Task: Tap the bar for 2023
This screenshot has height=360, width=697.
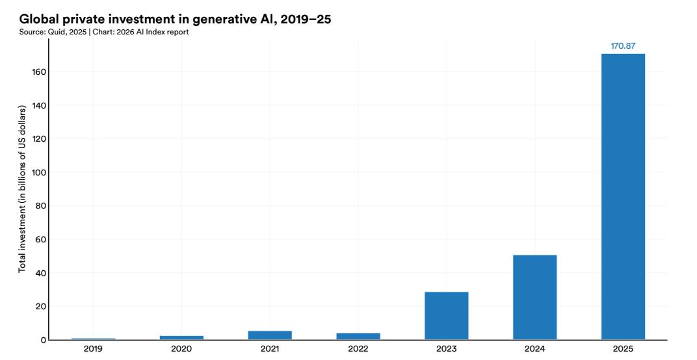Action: coord(446,316)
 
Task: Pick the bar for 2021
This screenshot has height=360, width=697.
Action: coord(270,335)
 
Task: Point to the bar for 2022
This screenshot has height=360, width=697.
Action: coord(358,336)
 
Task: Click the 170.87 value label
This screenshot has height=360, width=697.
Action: coord(622,46)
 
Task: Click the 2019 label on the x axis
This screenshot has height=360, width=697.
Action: coord(94,349)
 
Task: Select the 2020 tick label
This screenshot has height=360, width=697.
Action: coord(181,349)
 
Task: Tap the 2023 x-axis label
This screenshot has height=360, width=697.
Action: coord(446,349)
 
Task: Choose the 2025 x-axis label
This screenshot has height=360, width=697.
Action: coord(622,349)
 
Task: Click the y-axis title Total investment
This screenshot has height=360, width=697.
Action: coord(22,188)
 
